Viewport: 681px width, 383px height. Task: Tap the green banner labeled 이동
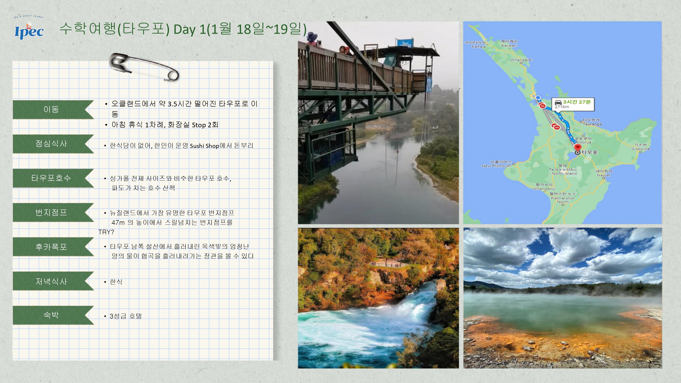(x=53, y=109)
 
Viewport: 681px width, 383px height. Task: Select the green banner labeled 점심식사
(x=53, y=144)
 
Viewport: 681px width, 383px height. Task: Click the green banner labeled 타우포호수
(x=53, y=178)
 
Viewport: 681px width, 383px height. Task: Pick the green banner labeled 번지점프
(x=53, y=213)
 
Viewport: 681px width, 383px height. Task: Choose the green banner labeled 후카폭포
(x=53, y=247)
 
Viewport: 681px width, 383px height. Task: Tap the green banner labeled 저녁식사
(x=53, y=281)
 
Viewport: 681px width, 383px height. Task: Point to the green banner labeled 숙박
(x=53, y=315)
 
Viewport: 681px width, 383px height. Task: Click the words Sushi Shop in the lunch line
(x=204, y=146)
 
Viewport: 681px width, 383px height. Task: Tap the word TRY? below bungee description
(x=106, y=232)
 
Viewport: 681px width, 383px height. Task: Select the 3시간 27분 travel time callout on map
(x=573, y=104)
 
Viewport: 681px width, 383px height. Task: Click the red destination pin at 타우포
(x=578, y=147)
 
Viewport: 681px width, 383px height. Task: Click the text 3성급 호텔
(x=126, y=316)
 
